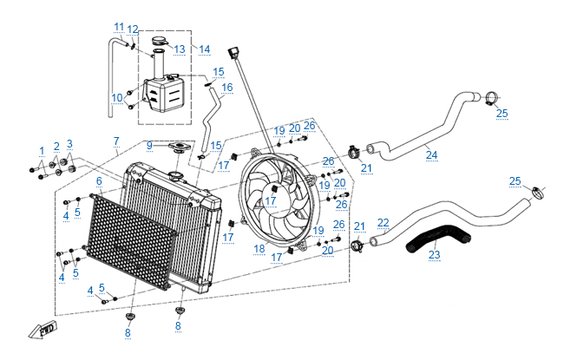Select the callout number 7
point(116,141)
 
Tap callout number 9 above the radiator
point(149,144)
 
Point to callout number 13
point(180,49)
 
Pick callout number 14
point(205,49)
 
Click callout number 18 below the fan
point(259,249)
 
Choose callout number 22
point(383,223)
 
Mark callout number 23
point(435,255)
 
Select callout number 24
point(430,155)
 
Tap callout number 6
point(99,180)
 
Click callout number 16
point(227,87)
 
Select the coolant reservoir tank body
point(161,94)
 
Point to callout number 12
point(132,30)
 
